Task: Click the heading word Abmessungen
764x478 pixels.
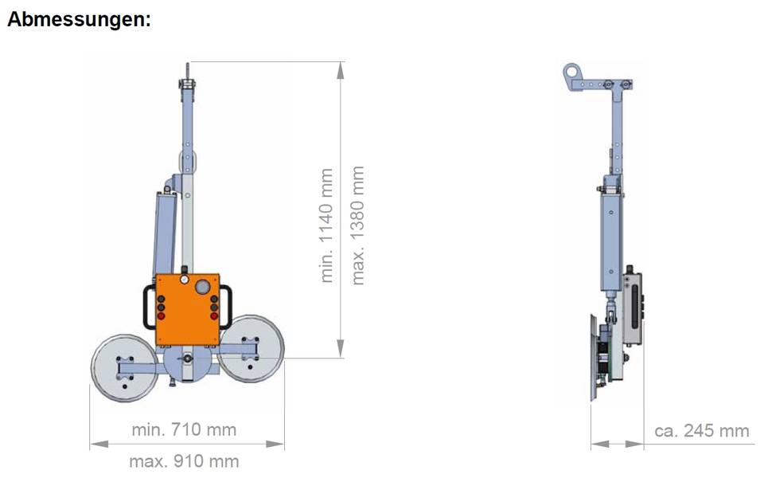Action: (x=79, y=19)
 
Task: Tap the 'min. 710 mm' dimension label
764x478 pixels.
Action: (x=184, y=429)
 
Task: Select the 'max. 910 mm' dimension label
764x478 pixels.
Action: (x=184, y=461)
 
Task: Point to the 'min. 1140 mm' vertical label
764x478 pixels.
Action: (x=326, y=225)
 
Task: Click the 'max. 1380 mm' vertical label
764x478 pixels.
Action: (x=357, y=225)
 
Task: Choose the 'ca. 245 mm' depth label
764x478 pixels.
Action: (x=702, y=431)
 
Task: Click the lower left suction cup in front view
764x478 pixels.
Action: (x=125, y=368)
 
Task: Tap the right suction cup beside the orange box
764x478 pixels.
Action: (x=251, y=349)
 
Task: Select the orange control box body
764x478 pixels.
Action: (x=188, y=310)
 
